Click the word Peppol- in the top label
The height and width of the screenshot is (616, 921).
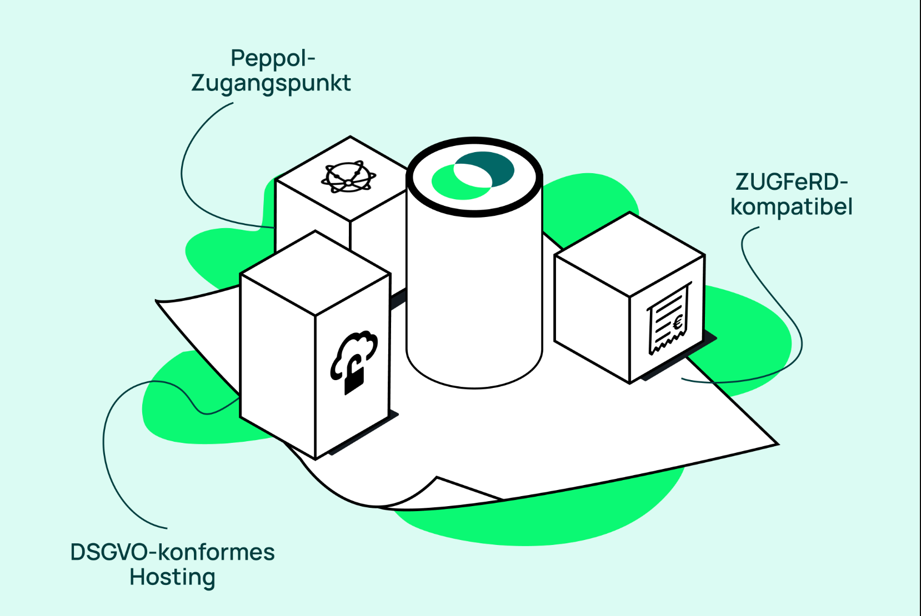[273, 58]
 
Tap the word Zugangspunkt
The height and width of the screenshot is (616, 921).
[271, 83]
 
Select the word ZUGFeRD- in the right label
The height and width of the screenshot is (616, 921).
[792, 182]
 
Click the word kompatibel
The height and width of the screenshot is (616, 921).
[792, 206]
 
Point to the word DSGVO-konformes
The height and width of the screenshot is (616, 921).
[173, 552]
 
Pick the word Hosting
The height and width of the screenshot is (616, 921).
[173, 577]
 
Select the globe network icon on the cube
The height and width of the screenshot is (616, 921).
[349, 177]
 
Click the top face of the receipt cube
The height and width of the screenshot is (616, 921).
[629, 254]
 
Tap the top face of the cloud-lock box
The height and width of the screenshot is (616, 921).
[315, 273]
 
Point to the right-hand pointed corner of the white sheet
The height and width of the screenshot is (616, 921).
[778, 444]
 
